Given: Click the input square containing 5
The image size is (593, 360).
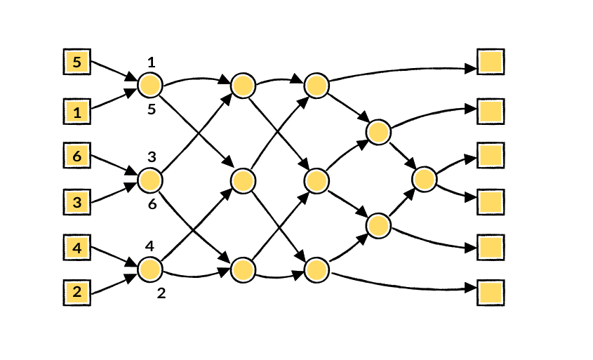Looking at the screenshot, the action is tap(76, 62).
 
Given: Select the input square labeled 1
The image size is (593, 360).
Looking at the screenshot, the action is tap(76, 112).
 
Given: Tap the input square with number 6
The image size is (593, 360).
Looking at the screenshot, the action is tap(76, 155).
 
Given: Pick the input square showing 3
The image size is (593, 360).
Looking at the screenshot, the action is tap(76, 202).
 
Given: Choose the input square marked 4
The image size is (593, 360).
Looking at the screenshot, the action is tap(76, 248).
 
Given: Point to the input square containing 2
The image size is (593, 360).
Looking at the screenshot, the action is tap(76, 293).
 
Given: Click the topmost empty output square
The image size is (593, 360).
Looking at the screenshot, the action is tap(491, 62).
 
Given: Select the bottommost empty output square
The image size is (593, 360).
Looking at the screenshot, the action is tap(491, 293).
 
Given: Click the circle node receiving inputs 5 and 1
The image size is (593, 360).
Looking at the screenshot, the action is tap(150, 86).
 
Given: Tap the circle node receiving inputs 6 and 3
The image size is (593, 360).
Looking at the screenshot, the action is tap(150, 180).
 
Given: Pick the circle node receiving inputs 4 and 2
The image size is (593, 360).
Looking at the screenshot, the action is tap(150, 269).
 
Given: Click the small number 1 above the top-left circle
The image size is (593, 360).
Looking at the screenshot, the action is tap(152, 62).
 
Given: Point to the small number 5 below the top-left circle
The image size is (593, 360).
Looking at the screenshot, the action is tap(152, 109).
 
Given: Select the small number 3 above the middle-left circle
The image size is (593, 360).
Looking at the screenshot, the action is tap(152, 156).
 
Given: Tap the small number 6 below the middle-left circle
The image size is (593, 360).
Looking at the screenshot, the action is tap(152, 204).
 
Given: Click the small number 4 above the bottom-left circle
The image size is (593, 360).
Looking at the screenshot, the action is tap(149, 246).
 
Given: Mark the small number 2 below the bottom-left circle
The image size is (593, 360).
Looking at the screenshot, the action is tap(161, 293).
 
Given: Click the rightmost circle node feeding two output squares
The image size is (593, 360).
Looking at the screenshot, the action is tap(425, 179).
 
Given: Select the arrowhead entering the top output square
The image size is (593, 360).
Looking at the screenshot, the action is tap(470, 69).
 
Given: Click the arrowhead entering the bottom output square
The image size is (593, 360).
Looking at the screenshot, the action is tap(470, 288).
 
